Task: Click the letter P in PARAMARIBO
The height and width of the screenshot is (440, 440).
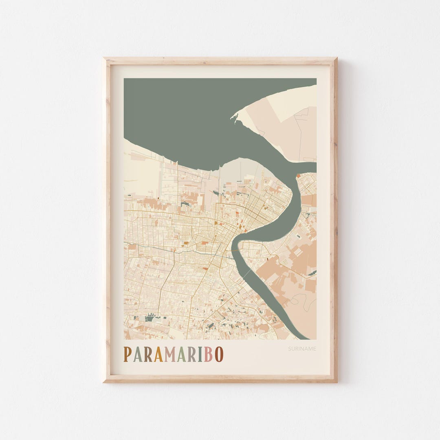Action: point(128,354)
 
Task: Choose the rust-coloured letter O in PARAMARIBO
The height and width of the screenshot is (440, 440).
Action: point(219,354)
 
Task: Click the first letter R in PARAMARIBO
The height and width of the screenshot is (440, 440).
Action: point(147,354)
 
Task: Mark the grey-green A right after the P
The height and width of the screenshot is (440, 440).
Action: point(137,354)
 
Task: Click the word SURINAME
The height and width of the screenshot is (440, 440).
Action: point(302,349)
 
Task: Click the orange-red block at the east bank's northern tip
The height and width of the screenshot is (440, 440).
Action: point(298,176)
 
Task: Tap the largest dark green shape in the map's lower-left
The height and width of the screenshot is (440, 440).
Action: point(150,318)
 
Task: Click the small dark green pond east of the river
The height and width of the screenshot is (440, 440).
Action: point(299,236)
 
